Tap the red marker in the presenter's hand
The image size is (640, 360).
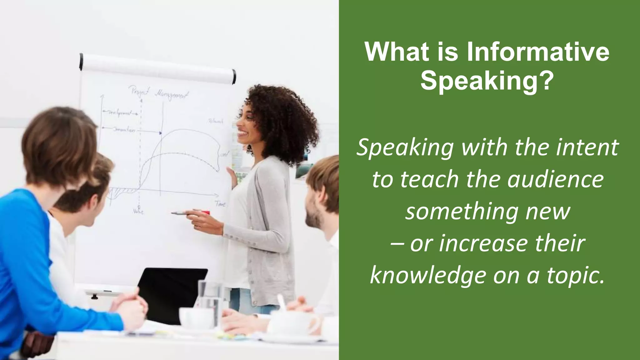(x=205, y=213)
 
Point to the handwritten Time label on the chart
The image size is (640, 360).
(x=220, y=204)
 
